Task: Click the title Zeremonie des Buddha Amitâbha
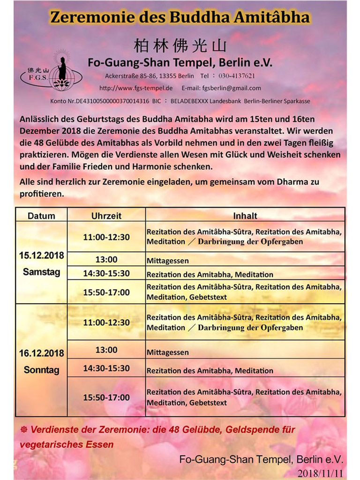180,17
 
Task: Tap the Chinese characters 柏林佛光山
180,46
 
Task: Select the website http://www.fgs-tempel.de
136,88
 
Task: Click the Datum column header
41,216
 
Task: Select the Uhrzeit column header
106,216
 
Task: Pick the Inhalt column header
245,216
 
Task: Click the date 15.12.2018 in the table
41,256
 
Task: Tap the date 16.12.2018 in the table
41,353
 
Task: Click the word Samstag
41,272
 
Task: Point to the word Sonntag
41,370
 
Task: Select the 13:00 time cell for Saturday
106,260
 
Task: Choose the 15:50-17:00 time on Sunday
106,397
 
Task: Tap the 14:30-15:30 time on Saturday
106,274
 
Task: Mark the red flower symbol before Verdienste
24,429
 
